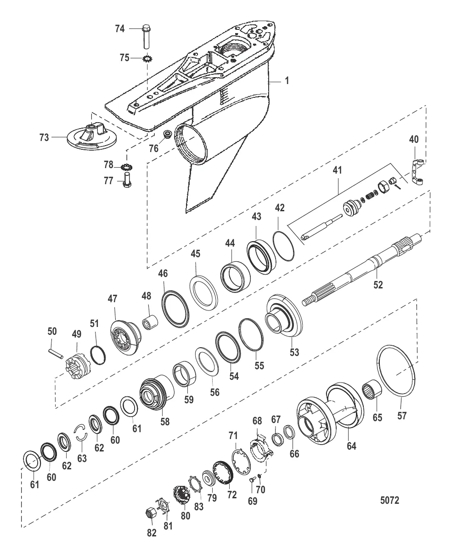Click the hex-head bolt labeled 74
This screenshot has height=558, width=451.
pos(147,36)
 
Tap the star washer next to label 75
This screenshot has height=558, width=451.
pos(148,58)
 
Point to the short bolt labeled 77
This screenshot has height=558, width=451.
pos(127,180)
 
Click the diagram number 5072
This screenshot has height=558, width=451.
pos(390,501)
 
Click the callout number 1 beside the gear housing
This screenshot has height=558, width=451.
pos(287,80)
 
